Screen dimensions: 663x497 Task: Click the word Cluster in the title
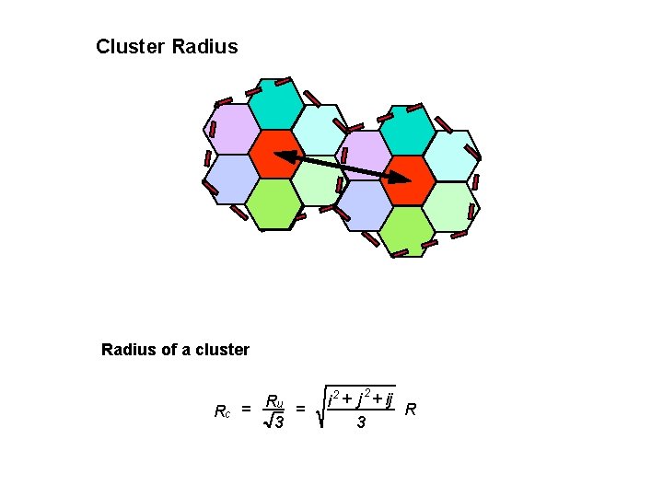pos(131,46)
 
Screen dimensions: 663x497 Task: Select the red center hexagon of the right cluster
pos(407,180)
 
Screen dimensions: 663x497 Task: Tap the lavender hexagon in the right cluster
pos(366,155)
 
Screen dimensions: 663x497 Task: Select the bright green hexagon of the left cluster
pos(274,202)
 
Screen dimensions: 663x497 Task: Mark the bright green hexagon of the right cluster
pos(407,231)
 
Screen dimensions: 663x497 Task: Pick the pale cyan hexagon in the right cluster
pos(451,155)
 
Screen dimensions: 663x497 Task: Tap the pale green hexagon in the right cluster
pos(451,206)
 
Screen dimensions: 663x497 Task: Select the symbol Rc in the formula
pos(221,411)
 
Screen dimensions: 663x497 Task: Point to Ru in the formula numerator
pos(273,401)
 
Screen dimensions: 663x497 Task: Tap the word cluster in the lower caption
pos(220,349)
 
